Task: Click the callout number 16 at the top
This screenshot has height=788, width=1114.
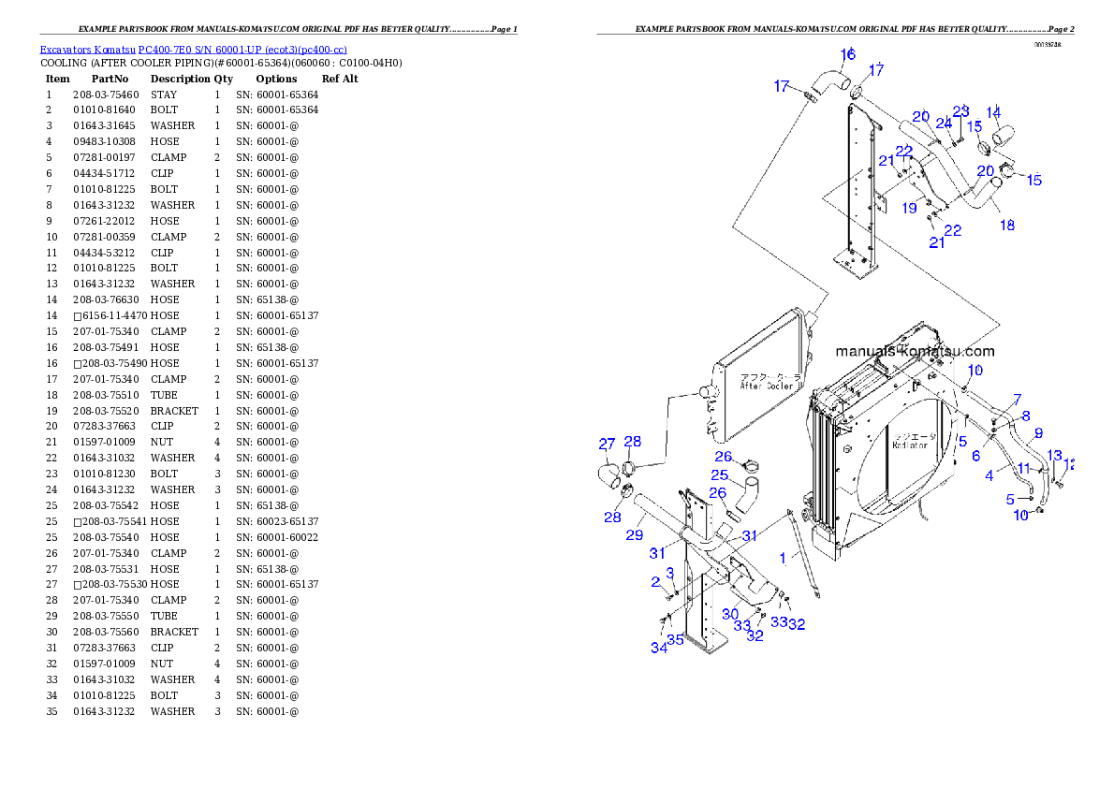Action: (x=846, y=54)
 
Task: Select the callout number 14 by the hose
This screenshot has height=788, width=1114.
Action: (x=993, y=112)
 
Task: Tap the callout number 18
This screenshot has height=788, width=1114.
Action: (x=1007, y=226)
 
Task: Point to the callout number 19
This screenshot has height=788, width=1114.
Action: (x=909, y=209)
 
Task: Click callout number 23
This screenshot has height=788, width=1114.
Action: (x=960, y=111)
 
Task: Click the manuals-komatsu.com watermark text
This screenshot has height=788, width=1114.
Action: (x=914, y=352)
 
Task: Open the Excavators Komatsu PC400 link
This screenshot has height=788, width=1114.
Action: (x=193, y=49)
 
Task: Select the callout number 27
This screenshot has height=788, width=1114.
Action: (x=607, y=444)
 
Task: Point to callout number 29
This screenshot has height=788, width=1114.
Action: (x=635, y=535)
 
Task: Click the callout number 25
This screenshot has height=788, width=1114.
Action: (x=719, y=475)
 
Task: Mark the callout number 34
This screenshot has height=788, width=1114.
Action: (x=659, y=648)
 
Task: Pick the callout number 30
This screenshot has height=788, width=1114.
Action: (x=729, y=615)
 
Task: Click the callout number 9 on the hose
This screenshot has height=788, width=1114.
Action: (x=1037, y=433)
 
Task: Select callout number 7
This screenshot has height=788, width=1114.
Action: (x=1017, y=400)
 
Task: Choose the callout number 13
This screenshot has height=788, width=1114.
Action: (x=1054, y=456)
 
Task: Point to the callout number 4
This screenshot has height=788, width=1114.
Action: (x=989, y=475)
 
